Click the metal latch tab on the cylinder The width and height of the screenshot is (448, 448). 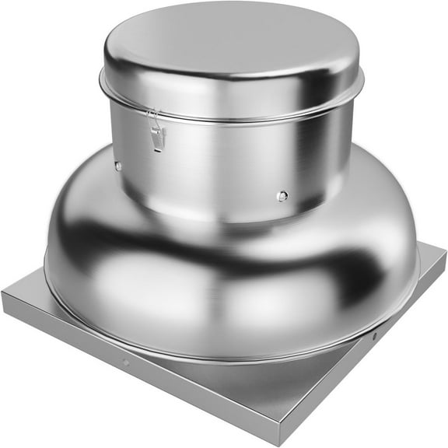(x=158, y=138)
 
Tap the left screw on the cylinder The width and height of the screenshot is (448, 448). (x=117, y=166)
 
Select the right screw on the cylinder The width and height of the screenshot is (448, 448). (x=282, y=196)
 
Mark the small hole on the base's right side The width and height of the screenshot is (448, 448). (x=374, y=336)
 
